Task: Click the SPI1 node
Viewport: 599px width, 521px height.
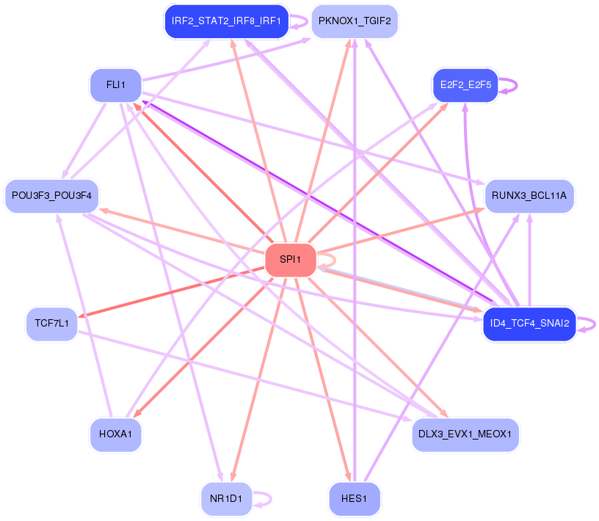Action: pos(291,260)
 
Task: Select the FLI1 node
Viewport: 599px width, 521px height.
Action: pos(115,85)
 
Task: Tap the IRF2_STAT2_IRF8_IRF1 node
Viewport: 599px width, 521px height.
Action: pos(225,21)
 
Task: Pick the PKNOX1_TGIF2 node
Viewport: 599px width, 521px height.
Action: pos(355,21)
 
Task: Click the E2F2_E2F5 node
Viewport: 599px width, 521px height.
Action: pos(465,85)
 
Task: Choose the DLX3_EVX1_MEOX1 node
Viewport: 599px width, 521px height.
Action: pos(466,434)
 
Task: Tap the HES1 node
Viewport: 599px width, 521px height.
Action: pos(354,499)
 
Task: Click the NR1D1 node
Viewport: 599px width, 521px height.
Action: pos(226,499)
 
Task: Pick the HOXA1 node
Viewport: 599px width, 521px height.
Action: pos(115,434)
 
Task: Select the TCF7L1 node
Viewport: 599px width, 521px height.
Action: pos(51,324)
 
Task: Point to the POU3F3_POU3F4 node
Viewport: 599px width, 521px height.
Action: pos(51,196)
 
